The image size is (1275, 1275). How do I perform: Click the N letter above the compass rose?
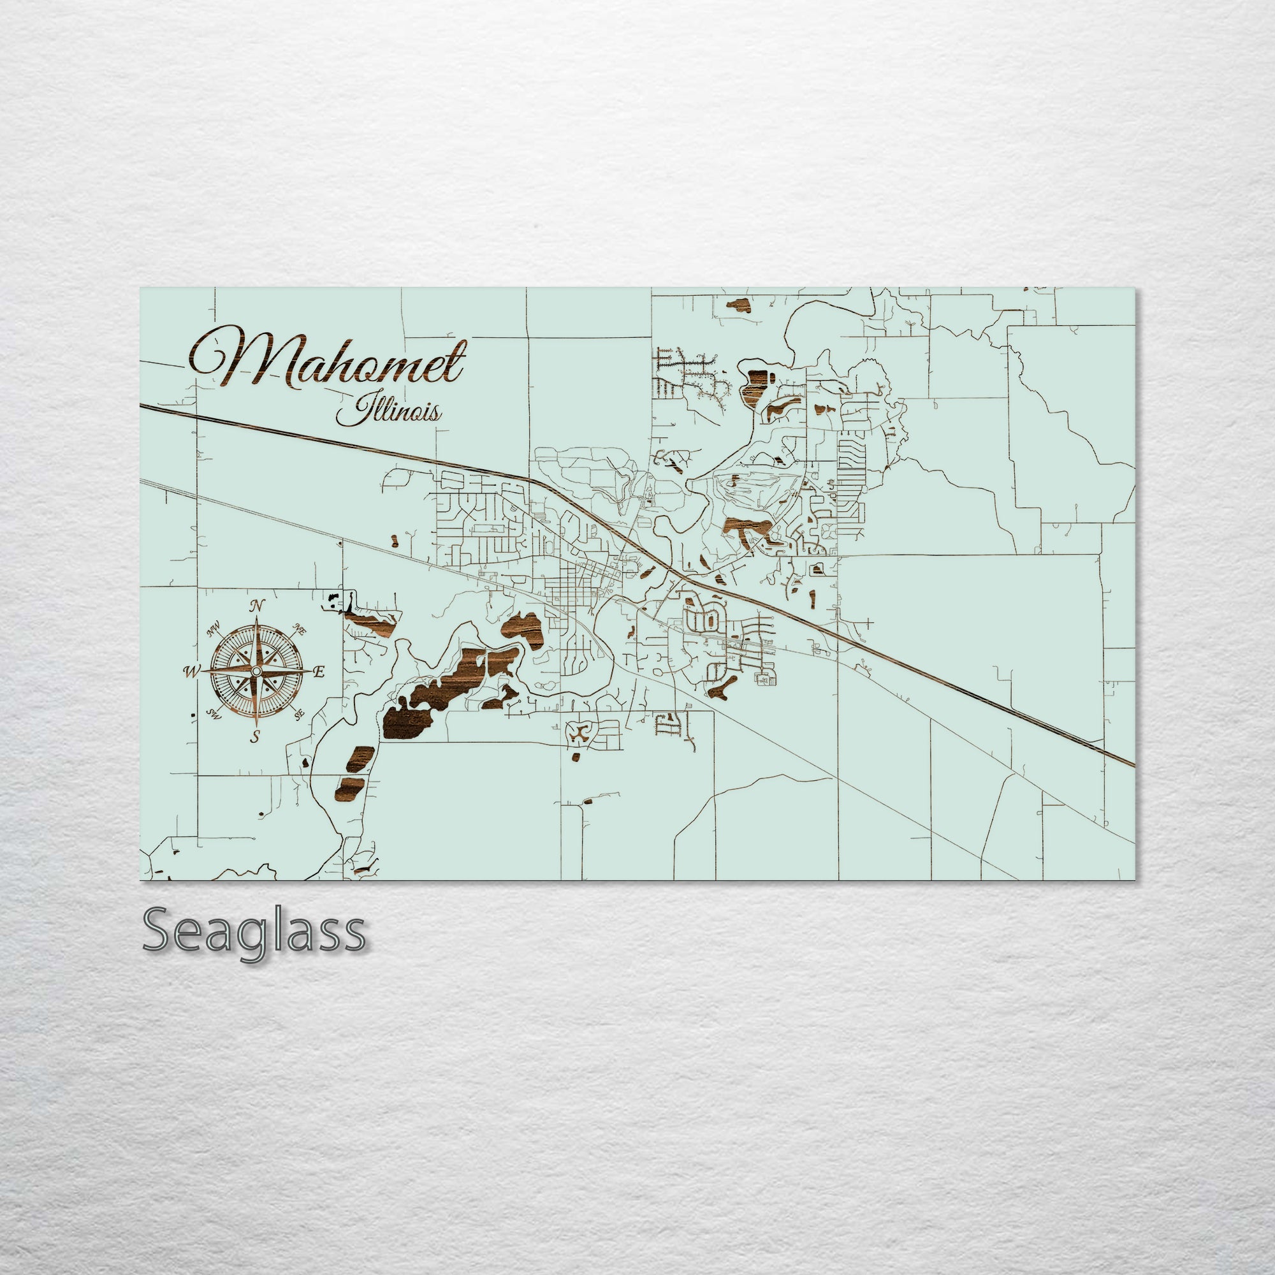click(x=257, y=606)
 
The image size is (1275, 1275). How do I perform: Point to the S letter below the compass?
click(x=256, y=736)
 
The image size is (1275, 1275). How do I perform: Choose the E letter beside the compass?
click(x=319, y=673)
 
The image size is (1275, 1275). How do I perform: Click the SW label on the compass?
click(x=213, y=713)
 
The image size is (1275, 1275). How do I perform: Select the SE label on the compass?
click(x=299, y=713)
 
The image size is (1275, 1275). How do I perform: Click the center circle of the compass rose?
click(x=256, y=671)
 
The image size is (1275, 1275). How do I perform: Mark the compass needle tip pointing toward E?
click(x=310, y=671)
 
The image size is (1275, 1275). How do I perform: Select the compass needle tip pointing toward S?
click(x=256, y=725)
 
